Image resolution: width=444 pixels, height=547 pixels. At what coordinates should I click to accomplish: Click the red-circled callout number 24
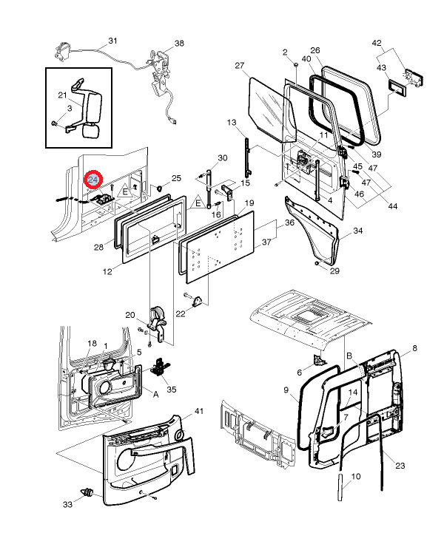pos(94,180)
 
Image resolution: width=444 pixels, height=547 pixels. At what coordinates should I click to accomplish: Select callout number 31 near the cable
pos(112,41)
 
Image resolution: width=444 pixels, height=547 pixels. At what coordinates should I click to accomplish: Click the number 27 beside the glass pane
pos(239,66)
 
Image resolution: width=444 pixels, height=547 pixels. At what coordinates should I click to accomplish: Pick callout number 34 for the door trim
pos(358,231)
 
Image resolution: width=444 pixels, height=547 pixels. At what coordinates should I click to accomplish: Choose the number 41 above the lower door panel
pos(198,410)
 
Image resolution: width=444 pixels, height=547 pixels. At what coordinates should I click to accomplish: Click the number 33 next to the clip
pos(67,505)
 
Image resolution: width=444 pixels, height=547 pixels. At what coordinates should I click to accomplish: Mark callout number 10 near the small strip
pos(355,477)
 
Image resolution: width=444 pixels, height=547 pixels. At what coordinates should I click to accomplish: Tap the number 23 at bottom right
pos(400,466)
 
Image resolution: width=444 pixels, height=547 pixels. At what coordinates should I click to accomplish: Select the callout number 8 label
pos(414,347)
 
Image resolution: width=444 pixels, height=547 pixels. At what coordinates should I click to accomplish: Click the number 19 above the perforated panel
pos(249,203)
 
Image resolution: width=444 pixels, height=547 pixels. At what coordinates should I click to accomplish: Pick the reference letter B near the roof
pos(349,356)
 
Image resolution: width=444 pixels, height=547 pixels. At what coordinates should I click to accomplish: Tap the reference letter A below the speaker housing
pos(155,394)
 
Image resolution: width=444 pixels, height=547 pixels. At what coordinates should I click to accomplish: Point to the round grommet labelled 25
pos(160,187)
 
